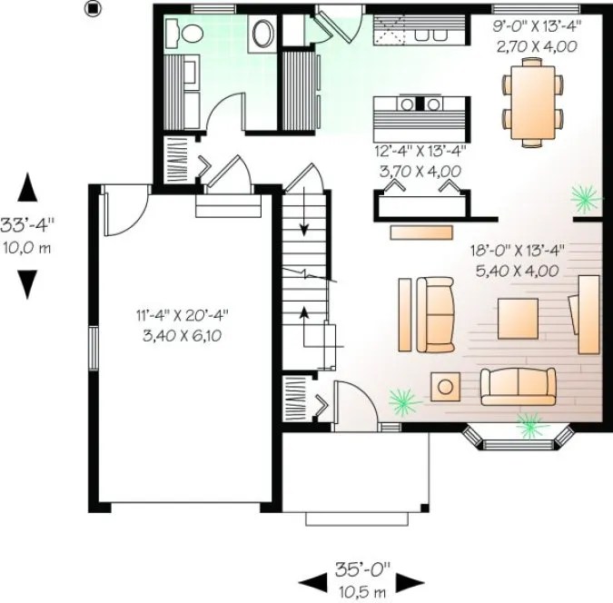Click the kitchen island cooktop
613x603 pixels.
click(x=420, y=103)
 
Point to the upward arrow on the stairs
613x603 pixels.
click(x=305, y=315)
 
